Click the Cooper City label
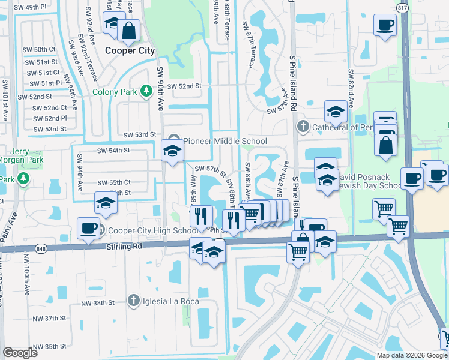(x=129, y=51)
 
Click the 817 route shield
(x=402, y=8)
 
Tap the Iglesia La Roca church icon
(x=134, y=301)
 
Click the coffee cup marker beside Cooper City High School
(x=88, y=229)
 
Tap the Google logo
(x=20, y=353)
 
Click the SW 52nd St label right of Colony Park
(x=184, y=86)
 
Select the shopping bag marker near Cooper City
(x=128, y=30)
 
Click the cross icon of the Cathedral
(x=303, y=127)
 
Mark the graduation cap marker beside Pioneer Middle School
(x=172, y=151)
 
